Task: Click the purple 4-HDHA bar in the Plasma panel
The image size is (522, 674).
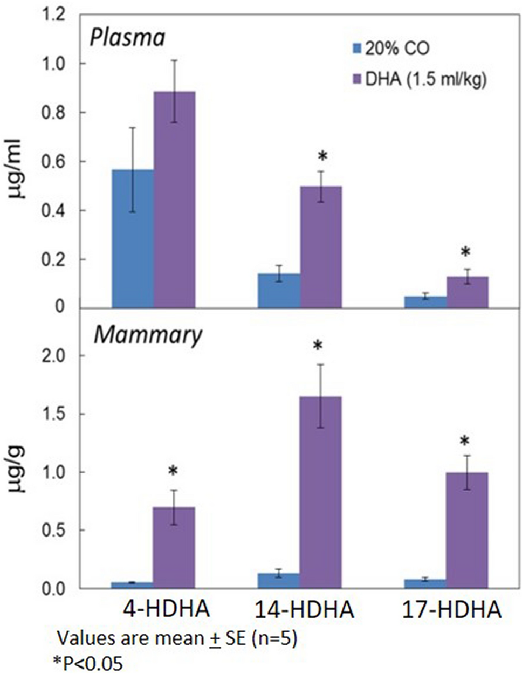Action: point(175,200)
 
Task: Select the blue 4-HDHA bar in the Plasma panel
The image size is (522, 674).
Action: point(133,238)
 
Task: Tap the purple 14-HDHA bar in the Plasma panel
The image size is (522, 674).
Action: point(321,247)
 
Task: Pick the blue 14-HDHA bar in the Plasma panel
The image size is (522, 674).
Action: point(279,291)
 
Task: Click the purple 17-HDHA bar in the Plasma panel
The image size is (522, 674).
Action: point(468,292)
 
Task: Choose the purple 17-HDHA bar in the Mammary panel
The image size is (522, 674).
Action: point(468,531)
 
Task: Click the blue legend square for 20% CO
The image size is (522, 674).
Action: point(358,49)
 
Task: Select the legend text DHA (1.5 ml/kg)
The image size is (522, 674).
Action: point(426,80)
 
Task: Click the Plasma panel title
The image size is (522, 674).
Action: point(127,39)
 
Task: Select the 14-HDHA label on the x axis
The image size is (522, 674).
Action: point(305,611)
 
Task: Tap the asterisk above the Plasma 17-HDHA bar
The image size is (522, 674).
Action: point(465,252)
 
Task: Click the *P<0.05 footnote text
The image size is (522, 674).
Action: point(88,663)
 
